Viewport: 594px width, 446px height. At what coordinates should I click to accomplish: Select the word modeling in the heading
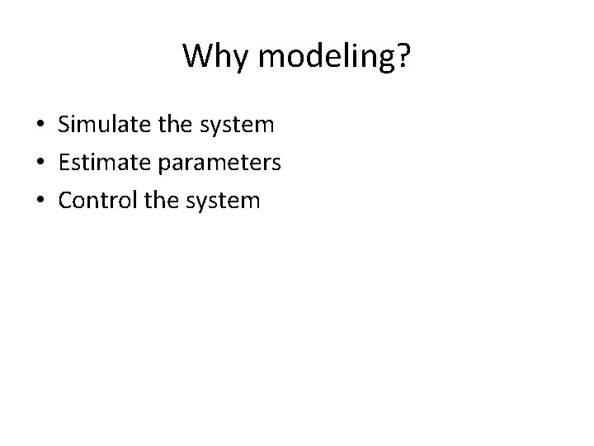point(323,56)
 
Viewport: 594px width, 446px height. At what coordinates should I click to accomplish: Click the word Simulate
point(97,126)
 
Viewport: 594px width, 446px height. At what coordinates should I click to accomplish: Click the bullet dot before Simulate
point(40,126)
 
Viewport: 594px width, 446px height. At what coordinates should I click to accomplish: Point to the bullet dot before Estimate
point(40,164)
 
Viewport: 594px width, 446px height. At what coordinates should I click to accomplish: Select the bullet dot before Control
point(40,201)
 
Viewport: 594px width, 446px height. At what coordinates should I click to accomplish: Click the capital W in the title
point(196,55)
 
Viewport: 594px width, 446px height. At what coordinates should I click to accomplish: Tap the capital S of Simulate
point(64,126)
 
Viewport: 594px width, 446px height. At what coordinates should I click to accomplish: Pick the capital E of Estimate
point(64,163)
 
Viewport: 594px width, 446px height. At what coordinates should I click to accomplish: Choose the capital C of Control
point(64,200)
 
